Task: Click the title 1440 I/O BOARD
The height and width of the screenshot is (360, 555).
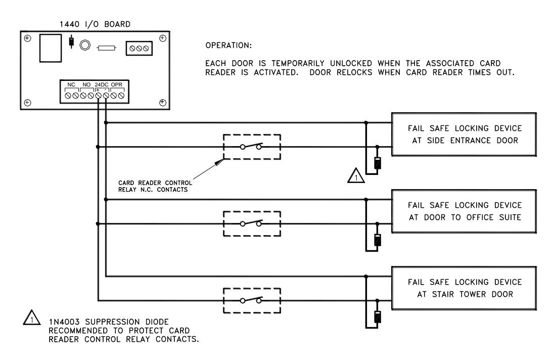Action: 95,24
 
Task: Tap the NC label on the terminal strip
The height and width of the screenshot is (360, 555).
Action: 71,84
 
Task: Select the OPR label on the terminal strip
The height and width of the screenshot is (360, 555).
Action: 116,84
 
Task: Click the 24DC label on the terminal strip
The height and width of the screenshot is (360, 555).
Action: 102,84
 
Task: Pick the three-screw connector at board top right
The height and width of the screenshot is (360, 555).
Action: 139,48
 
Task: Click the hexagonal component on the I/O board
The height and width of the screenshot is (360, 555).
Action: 85,46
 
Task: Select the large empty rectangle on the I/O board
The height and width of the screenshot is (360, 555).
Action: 50,48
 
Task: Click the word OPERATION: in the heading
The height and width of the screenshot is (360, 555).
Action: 228,46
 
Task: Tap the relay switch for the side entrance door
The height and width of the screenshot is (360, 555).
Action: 252,147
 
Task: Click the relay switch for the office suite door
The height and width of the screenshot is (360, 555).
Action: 252,223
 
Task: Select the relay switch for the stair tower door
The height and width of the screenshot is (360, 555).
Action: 252,300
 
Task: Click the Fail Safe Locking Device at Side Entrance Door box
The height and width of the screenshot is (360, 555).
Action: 464,134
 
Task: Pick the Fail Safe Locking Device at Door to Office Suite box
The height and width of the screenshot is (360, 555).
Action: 464,211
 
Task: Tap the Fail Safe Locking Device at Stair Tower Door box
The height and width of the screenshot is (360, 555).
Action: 464,288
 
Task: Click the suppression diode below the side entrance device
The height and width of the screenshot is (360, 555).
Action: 377,163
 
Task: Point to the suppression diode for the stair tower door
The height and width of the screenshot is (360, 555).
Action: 377,317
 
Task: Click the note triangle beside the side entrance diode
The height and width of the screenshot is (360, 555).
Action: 356,176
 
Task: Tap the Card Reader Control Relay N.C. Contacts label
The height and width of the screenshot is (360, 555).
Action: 155,186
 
